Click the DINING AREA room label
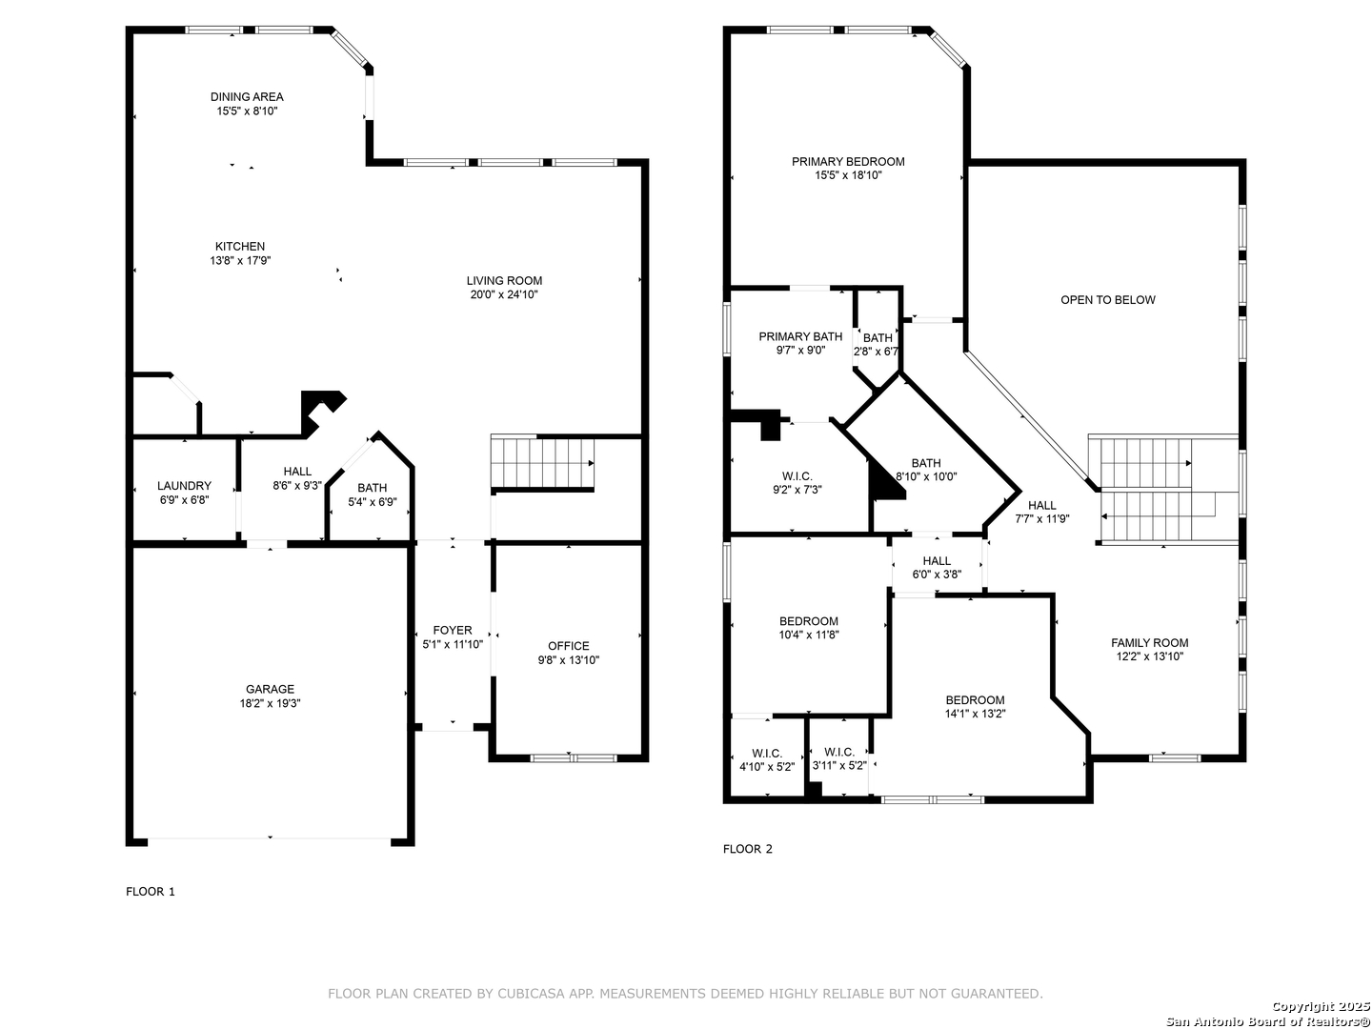pos(247,97)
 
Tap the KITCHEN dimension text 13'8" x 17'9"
pos(240,260)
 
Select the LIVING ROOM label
pos(504,280)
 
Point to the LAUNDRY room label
pos(184,486)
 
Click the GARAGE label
pos(270,689)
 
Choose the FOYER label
pos(453,631)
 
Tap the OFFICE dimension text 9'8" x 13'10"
pos(568,660)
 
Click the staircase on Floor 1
pos(542,462)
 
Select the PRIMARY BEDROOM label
pos(848,162)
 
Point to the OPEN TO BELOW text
pos(1107,300)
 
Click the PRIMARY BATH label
pos(800,336)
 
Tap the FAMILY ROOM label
pos(1149,643)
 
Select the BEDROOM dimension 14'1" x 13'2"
pos(975,715)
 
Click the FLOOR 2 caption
pos(748,849)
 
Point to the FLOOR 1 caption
pos(151,892)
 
